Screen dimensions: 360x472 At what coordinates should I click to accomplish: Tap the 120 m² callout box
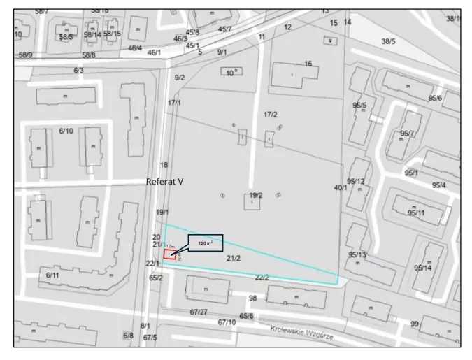pyautogui.click(x=204, y=243)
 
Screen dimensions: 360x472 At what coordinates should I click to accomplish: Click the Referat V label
pyautogui.click(x=164, y=182)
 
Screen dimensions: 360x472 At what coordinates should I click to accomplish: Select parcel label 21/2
pyautogui.click(x=234, y=259)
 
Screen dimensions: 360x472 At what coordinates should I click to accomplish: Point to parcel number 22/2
pyautogui.click(x=262, y=278)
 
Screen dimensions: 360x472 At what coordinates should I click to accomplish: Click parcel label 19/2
pyautogui.click(x=256, y=195)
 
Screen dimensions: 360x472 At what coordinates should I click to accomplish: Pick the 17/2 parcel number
pyautogui.click(x=270, y=114)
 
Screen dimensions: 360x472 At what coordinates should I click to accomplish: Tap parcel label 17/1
pyautogui.click(x=174, y=103)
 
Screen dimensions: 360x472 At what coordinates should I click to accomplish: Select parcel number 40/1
pyautogui.click(x=341, y=187)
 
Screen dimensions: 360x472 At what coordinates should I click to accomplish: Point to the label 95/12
pyautogui.click(x=356, y=182)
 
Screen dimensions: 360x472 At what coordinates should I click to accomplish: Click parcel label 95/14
pyautogui.click(x=422, y=268)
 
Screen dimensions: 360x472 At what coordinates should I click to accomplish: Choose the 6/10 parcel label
pyautogui.click(x=66, y=131)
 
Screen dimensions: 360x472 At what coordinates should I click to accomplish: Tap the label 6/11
pyautogui.click(x=52, y=275)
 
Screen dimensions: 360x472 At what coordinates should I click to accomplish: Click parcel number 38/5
pyautogui.click(x=388, y=41)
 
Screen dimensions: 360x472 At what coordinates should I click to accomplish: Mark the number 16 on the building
pyautogui.click(x=308, y=64)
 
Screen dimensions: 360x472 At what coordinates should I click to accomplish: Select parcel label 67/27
pyautogui.click(x=199, y=312)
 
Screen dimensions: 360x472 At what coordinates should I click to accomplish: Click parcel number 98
pyautogui.click(x=253, y=298)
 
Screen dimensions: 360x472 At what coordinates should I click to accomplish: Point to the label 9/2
pyautogui.click(x=180, y=78)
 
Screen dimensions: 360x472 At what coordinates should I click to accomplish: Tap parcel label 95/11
pyautogui.click(x=417, y=213)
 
